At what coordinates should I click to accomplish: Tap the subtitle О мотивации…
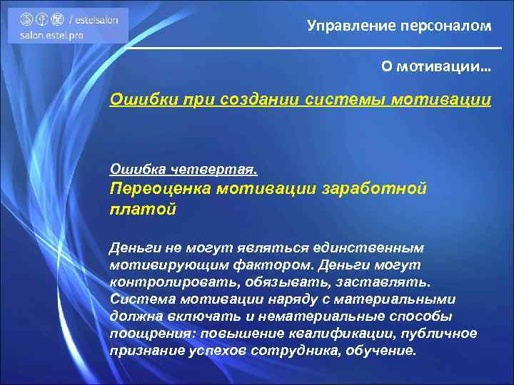click(436, 66)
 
